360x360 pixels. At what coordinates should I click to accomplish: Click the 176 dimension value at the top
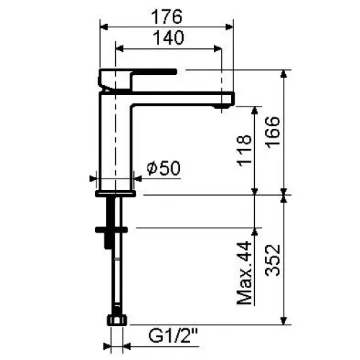[168, 15]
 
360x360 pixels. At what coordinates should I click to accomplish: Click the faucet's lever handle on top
[137, 72]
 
